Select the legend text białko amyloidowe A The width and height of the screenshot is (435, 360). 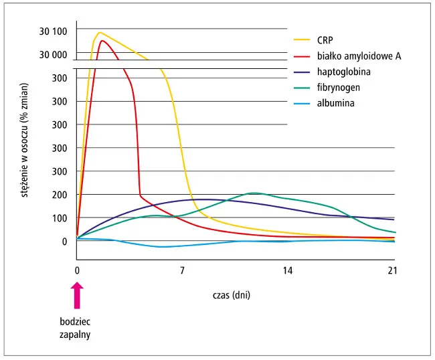[359, 56]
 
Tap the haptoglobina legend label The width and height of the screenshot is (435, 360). [344, 72]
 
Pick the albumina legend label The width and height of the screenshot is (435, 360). [335, 104]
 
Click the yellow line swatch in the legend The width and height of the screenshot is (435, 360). [301, 39]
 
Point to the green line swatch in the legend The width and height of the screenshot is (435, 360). [301, 88]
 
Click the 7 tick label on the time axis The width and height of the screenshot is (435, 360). [182, 271]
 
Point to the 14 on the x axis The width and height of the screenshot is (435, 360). [287, 271]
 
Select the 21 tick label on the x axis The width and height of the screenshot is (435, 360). [392, 271]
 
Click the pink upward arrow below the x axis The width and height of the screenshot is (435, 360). [77, 294]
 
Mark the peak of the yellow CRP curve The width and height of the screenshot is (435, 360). [100, 32]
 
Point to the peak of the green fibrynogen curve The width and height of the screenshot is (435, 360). [253, 193]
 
